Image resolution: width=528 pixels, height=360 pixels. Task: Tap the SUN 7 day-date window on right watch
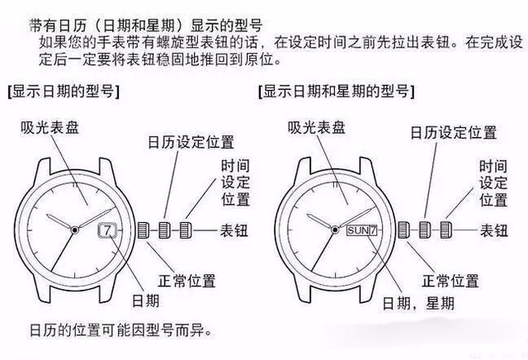(x=363, y=229)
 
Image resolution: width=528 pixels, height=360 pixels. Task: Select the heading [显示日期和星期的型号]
(x=337, y=90)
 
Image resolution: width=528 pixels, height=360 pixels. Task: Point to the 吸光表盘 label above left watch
(x=51, y=126)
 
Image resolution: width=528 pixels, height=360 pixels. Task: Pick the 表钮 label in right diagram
(x=493, y=230)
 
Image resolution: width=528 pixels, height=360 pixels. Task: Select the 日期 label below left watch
(x=144, y=298)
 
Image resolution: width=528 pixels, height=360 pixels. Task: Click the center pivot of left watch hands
(x=75, y=229)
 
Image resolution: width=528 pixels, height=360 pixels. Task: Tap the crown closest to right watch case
(x=403, y=229)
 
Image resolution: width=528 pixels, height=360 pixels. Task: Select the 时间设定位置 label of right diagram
(x=493, y=182)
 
